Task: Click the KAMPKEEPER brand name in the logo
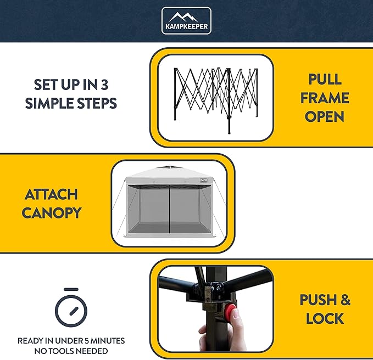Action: coord(187,26)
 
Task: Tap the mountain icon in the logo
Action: coord(183,18)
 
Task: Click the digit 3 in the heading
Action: coord(104,85)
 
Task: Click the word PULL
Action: coord(325,79)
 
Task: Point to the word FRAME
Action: coord(325,98)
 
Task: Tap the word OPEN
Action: coord(325,116)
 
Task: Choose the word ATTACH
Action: coord(51,194)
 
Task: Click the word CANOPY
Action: coord(52,213)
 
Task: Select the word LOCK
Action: coord(325,318)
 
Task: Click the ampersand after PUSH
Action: coord(346,300)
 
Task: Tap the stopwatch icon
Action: coord(71,307)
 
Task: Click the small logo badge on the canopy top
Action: coord(204,181)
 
